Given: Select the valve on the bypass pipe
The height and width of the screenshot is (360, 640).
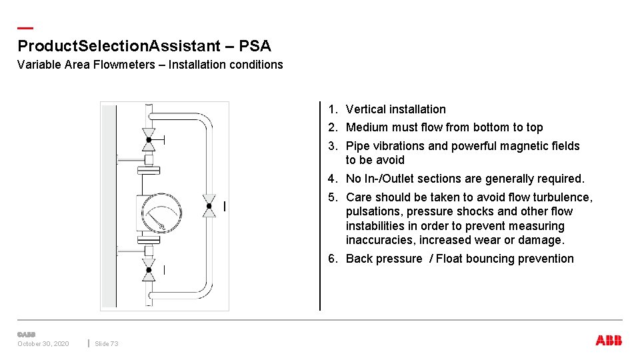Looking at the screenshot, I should point(209,206).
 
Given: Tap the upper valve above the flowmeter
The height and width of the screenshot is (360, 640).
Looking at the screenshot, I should point(149,139).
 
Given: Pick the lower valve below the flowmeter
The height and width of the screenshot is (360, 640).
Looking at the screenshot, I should point(149,269).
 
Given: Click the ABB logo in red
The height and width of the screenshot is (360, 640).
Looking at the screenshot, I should point(609,341).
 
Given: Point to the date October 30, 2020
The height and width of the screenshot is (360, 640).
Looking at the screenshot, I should point(43,343).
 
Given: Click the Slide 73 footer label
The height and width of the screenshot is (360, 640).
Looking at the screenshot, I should point(107,343).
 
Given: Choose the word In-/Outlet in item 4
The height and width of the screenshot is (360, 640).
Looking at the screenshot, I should point(388,179).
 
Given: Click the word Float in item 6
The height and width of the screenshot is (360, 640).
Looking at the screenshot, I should point(450,259).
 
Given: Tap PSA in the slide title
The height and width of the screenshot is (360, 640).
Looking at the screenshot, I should point(255,46).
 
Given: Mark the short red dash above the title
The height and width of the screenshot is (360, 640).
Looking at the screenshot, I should point(25,28).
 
